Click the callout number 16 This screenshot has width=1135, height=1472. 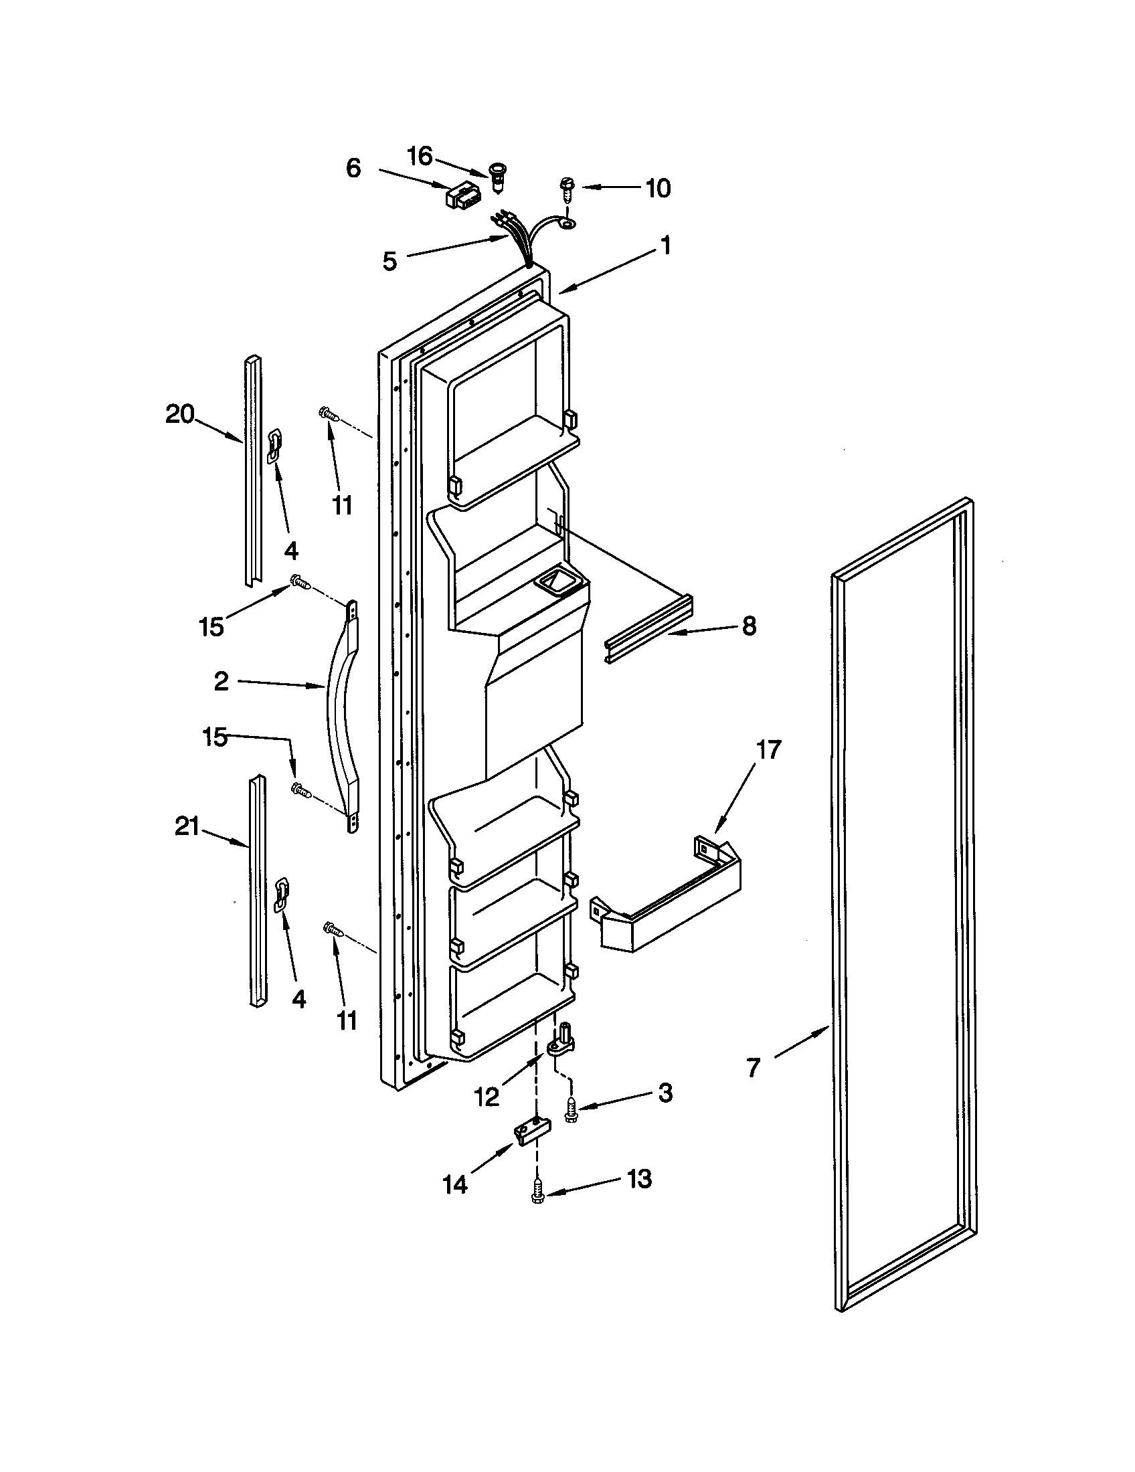pos(419,157)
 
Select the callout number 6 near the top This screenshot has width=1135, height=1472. pos(353,168)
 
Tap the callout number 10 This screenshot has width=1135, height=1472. pos(658,189)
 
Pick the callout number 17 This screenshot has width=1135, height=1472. pos(768,749)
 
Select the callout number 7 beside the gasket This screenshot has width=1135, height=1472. pos(753,1067)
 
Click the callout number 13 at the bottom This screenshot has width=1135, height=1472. pos(639,1179)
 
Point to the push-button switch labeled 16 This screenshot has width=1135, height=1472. pos(498,177)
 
